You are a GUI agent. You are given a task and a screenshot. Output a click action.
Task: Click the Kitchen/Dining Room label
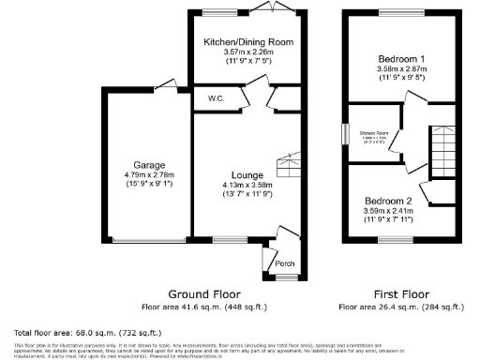point(249,42)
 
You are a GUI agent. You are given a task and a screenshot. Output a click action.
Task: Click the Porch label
point(285,264)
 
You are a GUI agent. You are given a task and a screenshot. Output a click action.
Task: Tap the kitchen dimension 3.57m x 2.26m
point(249,52)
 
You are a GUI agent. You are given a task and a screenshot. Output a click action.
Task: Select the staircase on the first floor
point(442,153)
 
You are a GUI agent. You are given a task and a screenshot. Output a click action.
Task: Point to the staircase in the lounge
point(287,167)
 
